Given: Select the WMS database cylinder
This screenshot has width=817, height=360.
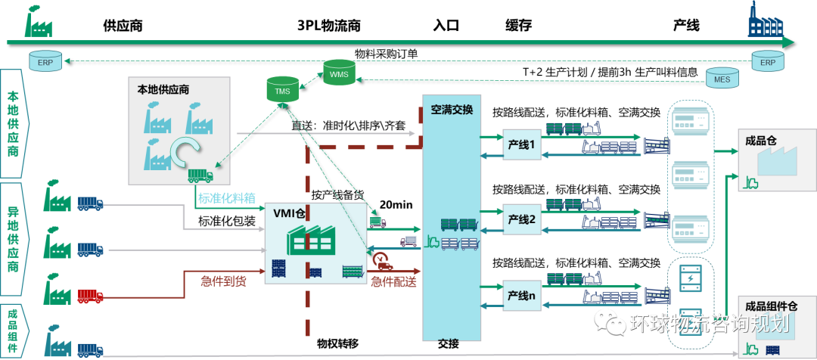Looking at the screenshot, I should (x=338, y=73).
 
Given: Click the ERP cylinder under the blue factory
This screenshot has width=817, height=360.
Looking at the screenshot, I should (x=768, y=60).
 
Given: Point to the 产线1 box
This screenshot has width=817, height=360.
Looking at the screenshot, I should (x=522, y=144).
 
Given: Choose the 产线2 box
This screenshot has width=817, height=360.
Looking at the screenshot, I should (x=522, y=219).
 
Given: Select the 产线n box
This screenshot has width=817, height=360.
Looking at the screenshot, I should (x=522, y=295).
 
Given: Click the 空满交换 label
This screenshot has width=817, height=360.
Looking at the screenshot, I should (x=452, y=110).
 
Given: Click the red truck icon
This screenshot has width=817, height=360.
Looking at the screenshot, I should (x=90, y=296).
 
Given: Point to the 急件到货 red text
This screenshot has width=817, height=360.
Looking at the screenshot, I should (x=223, y=281).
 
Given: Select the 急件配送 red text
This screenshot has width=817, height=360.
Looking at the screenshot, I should (x=394, y=281).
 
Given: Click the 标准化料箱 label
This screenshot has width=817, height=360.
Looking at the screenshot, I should (x=226, y=198).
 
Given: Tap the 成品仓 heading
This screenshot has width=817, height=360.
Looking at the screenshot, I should (x=760, y=139).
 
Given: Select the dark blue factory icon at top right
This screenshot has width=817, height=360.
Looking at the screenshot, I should (x=763, y=20).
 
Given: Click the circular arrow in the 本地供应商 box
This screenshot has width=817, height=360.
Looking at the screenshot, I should (x=184, y=152).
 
